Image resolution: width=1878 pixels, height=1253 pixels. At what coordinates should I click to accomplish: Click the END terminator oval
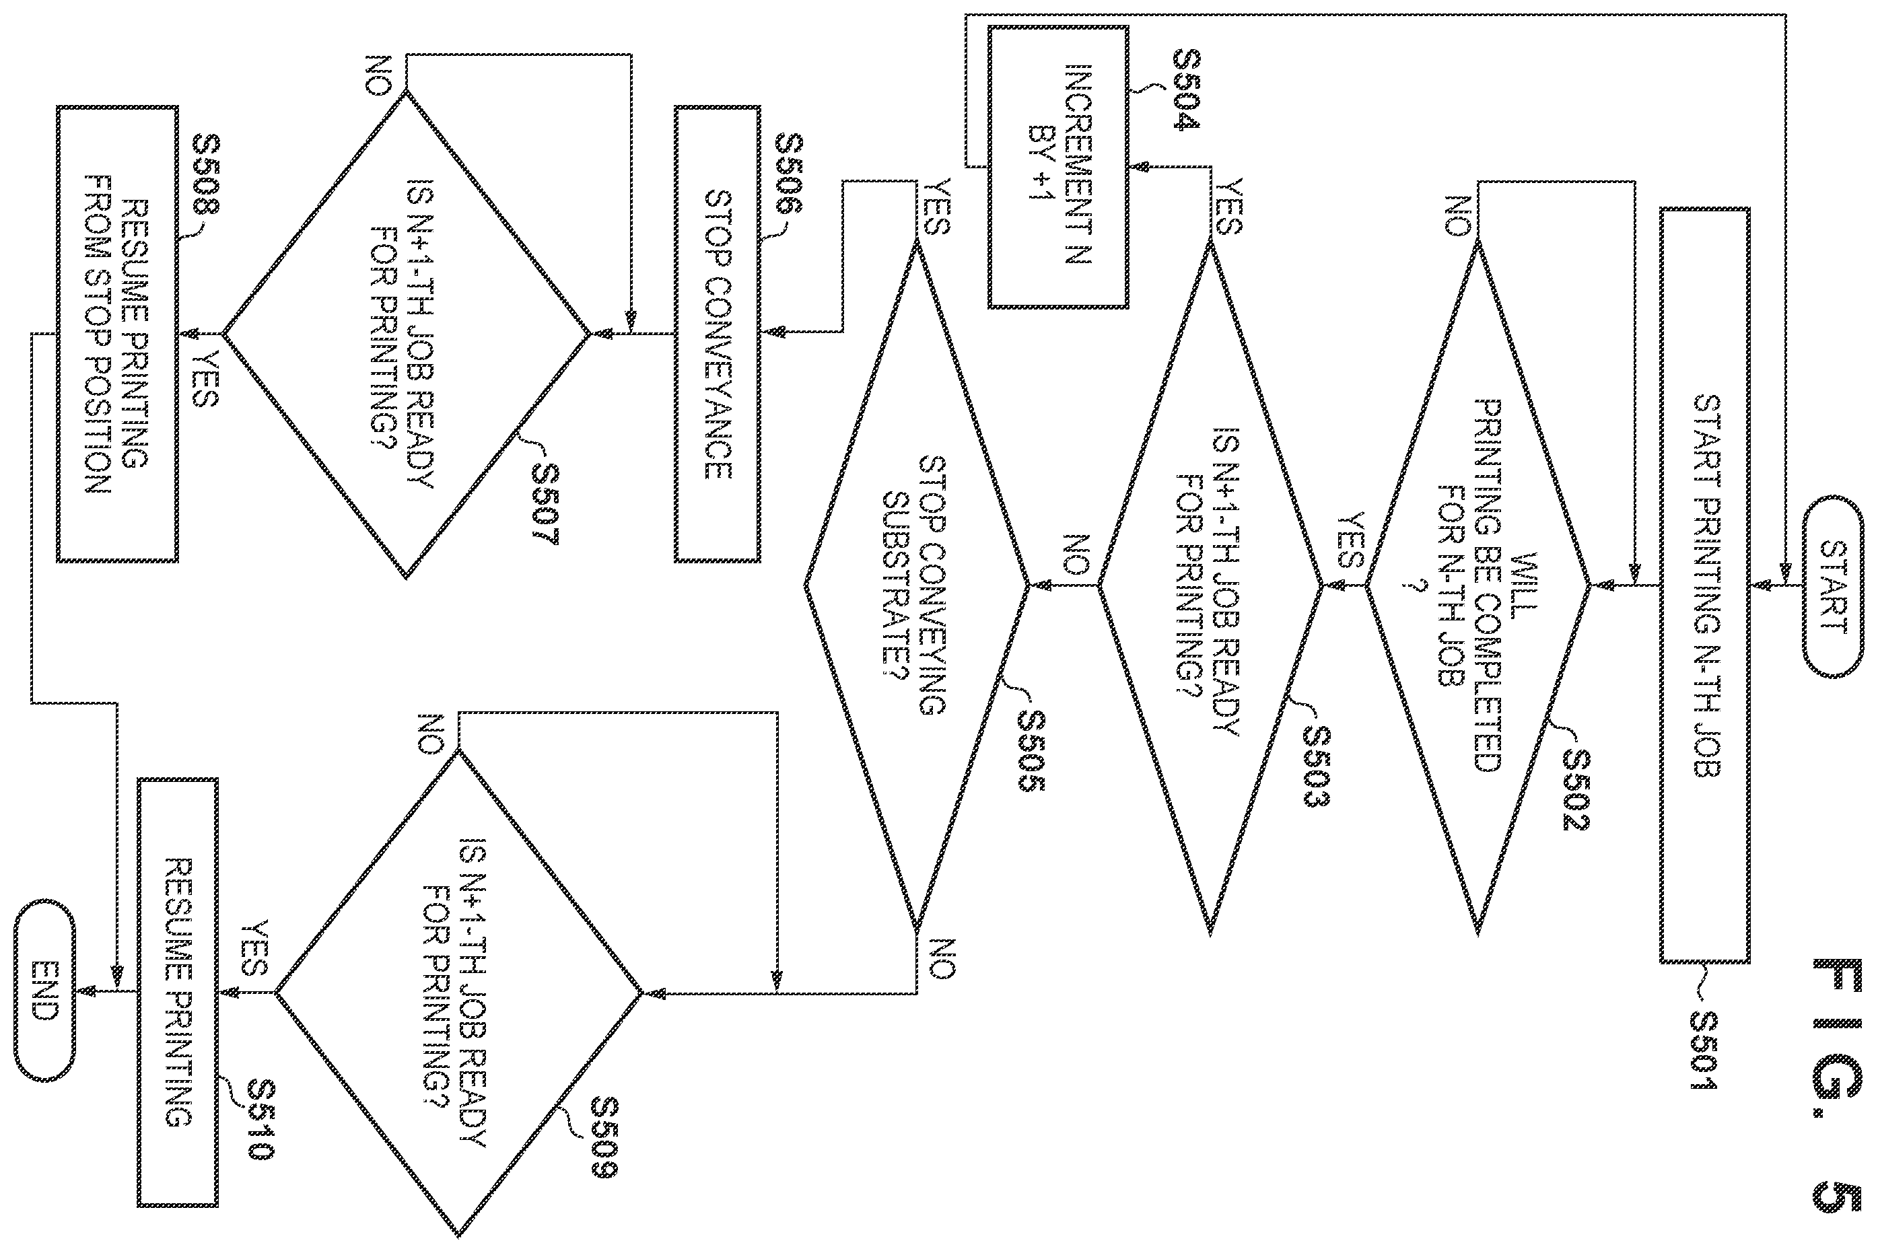(x=44, y=992)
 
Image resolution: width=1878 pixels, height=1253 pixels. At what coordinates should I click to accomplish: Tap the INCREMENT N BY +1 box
(x=1058, y=167)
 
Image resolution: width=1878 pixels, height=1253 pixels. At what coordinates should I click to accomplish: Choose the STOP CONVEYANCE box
(x=717, y=334)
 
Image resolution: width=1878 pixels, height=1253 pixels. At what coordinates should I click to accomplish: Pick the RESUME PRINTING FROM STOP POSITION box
(x=118, y=334)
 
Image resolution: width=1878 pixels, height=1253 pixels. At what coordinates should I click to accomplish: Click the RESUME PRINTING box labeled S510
(x=178, y=993)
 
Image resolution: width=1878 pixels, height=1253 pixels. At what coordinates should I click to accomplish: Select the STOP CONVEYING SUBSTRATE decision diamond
(x=917, y=585)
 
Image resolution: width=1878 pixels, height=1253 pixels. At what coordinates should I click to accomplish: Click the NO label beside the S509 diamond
(x=431, y=733)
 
